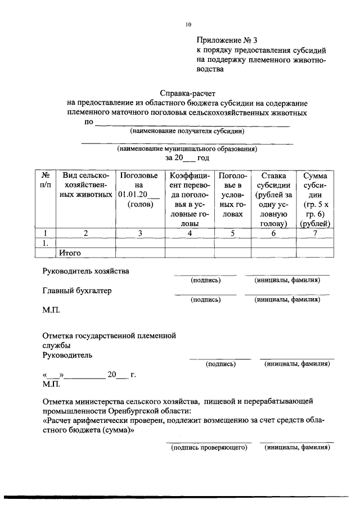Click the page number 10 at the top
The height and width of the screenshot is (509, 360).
[x=188, y=24]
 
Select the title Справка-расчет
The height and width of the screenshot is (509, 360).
[x=187, y=93]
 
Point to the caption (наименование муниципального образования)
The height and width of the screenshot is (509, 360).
[x=187, y=150]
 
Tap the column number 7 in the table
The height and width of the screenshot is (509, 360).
[x=314, y=233]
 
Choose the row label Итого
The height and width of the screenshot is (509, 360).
[x=70, y=253]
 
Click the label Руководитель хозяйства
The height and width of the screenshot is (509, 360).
[x=86, y=271]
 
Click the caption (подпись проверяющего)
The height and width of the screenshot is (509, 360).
[x=209, y=447]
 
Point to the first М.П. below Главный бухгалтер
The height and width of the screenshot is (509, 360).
[x=51, y=310]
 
